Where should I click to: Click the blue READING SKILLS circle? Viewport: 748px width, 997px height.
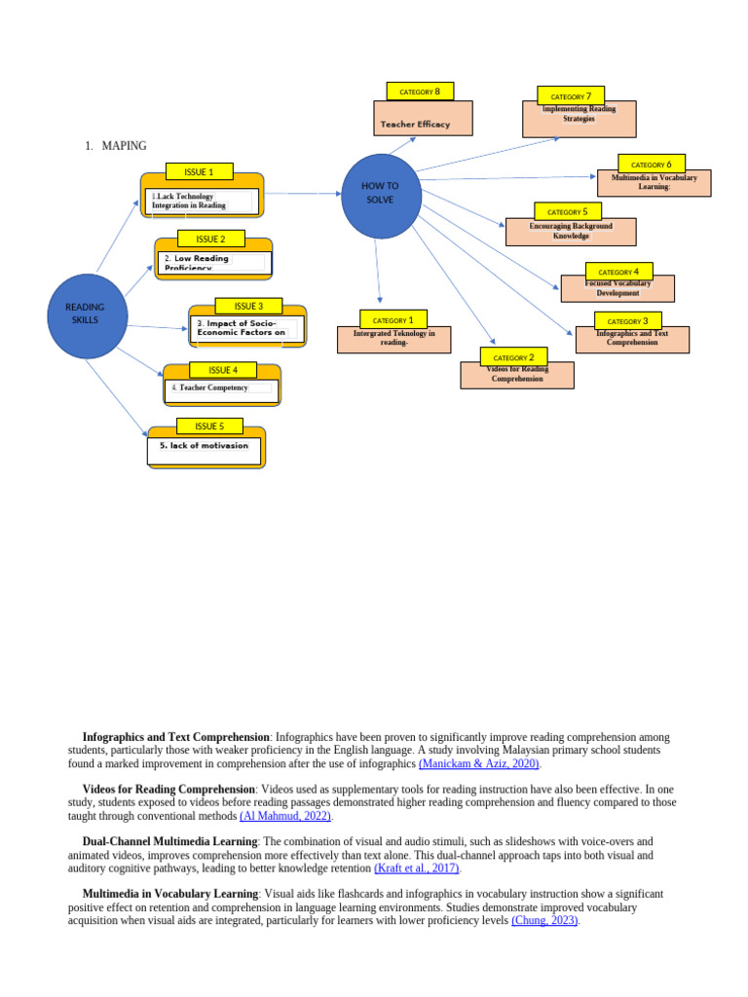(x=88, y=315)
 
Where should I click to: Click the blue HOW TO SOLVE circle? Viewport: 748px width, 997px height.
(x=381, y=195)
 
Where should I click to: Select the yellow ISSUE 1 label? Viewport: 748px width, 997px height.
(x=199, y=172)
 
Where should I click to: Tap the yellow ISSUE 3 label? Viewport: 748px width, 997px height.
(x=248, y=307)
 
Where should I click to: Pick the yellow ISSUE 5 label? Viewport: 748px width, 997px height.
(x=209, y=426)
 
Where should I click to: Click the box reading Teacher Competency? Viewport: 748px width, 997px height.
(x=221, y=389)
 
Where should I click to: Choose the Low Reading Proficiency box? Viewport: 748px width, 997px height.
(x=212, y=262)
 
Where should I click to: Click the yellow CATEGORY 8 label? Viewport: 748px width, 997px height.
(x=420, y=92)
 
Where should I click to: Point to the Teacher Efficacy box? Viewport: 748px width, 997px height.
(x=423, y=122)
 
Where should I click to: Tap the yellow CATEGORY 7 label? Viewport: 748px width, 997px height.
(x=571, y=96)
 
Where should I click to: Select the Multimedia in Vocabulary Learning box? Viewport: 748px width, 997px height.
(x=654, y=184)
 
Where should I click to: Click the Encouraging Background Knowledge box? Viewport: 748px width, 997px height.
(x=571, y=232)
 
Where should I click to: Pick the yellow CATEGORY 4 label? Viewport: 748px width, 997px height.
(x=618, y=272)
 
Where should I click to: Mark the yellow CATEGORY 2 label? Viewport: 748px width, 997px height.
(x=513, y=357)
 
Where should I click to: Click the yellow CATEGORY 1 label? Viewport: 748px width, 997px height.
(x=393, y=319)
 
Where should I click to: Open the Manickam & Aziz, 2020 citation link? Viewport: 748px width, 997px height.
(x=479, y=764)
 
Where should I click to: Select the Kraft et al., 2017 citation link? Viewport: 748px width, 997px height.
(x=417, y=868)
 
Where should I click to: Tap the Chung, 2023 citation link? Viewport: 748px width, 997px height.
(x=544, y=920)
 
